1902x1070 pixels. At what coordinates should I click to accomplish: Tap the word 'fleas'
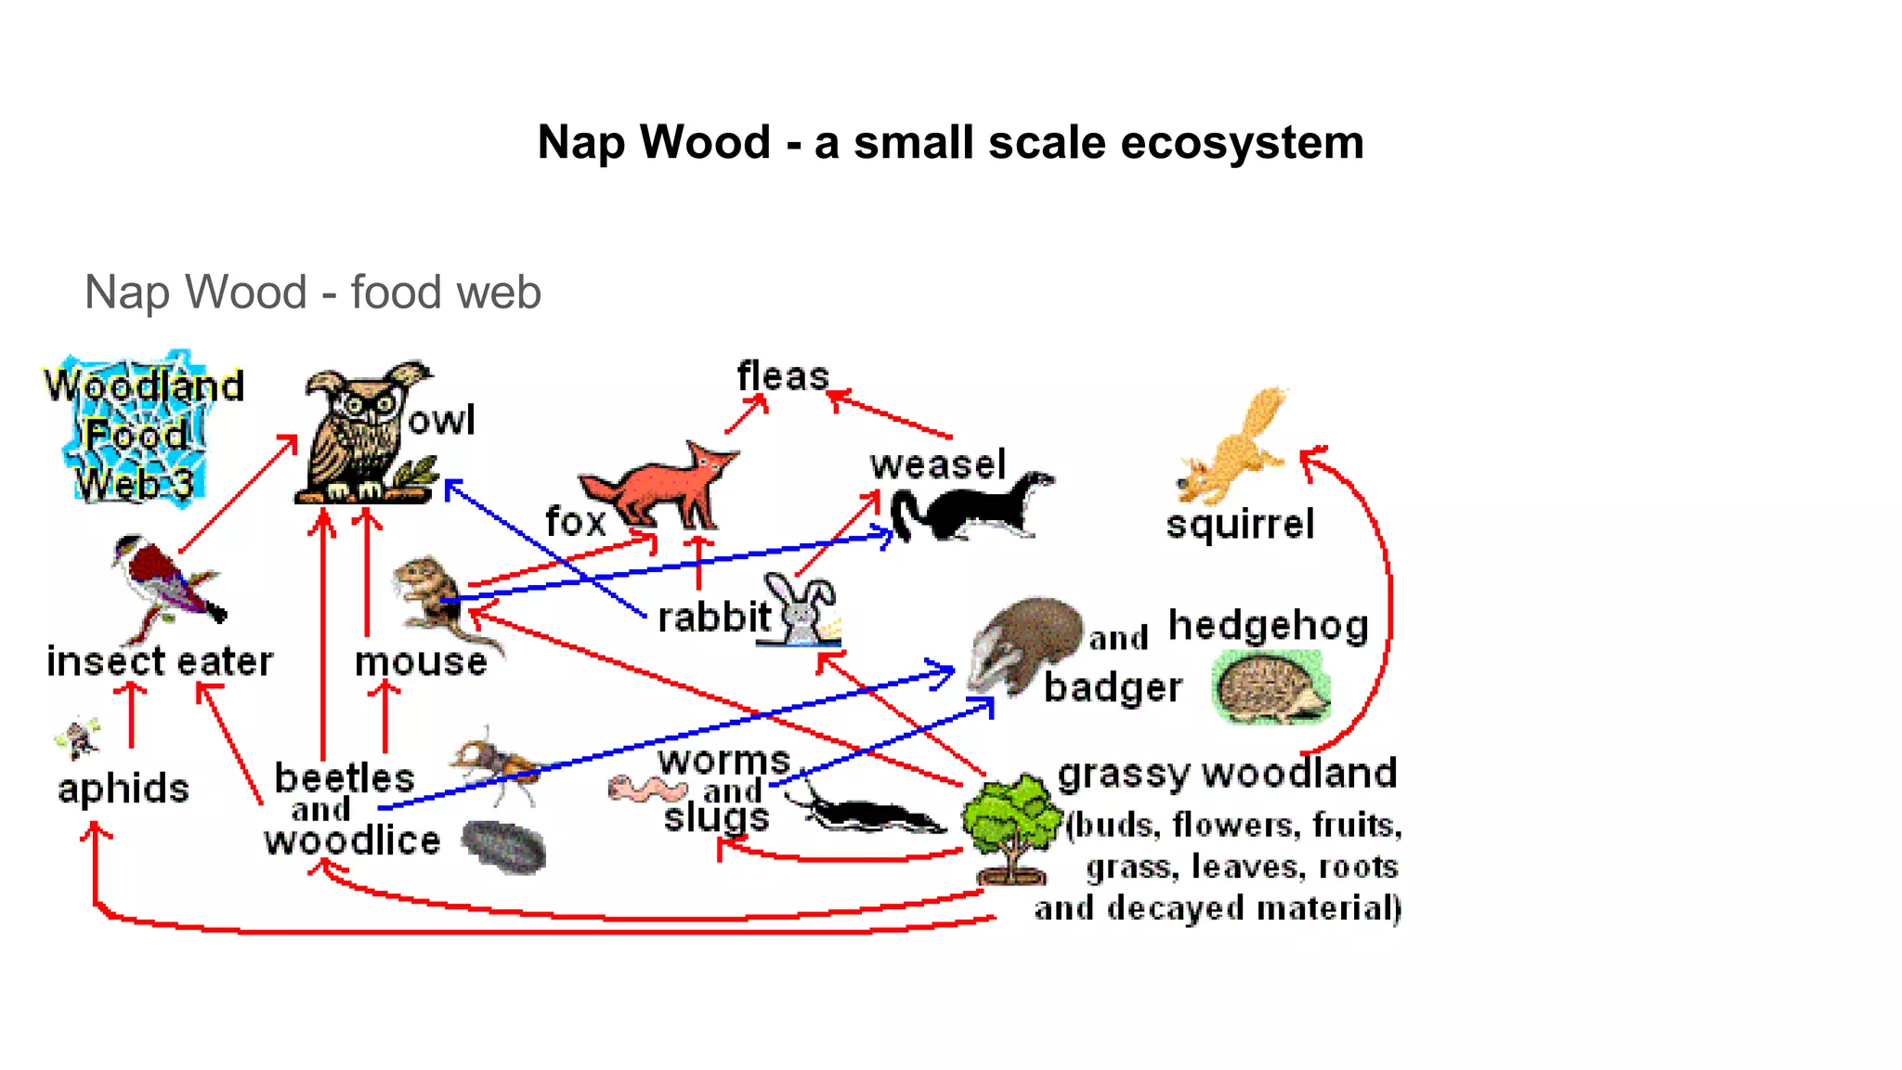click(782, 377)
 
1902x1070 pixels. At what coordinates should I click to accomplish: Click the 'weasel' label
click(938, 464)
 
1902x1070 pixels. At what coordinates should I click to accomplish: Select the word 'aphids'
click(124, 789)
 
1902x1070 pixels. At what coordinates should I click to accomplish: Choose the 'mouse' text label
click(421, 662)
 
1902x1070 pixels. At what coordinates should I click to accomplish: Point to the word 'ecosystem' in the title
click(1242, 143)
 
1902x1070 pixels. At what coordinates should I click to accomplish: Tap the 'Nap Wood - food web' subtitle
click(312, 292)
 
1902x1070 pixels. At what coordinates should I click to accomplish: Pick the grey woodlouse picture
click(503, 846)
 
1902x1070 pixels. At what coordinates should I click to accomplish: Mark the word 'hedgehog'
click(1268, 626)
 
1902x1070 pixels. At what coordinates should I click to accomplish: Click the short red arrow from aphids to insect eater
click(131, 715)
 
